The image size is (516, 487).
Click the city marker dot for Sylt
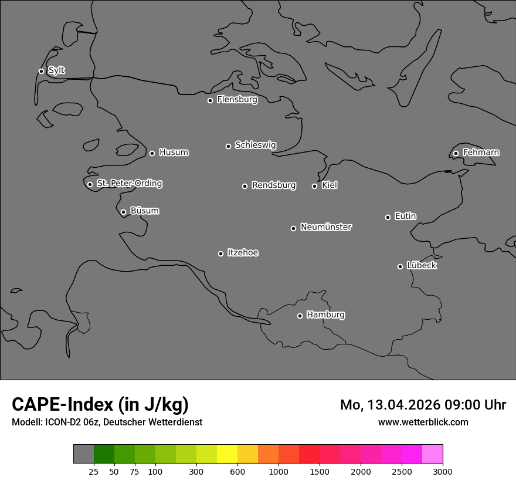click(41, 71)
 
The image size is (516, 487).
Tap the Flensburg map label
click(237, 100)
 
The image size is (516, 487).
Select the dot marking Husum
click(152, 153)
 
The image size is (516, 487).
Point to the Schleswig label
click(255, 145)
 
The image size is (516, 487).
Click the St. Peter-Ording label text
click(129, 184)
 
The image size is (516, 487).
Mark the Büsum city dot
click(123, 212)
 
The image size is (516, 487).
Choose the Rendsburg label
click(273, 185)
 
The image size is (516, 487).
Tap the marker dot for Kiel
click(314, 186)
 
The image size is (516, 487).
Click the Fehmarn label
click(481, 153)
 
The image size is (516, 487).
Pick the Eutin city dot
click(388, 217)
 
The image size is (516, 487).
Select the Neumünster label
click(325, 227)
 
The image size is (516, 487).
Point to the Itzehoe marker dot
click(220, 253)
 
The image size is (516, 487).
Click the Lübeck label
click(422, 266)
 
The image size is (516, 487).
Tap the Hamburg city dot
click(300, 316)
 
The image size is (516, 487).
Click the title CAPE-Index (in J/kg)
click(100, 404)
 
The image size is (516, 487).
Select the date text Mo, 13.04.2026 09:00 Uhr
click(423, 405)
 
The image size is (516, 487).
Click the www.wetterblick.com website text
click(423, 422)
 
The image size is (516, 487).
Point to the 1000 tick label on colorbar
click(279, 471)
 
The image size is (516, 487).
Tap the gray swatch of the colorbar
click(83, 454)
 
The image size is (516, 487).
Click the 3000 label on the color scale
click(442, 471)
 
